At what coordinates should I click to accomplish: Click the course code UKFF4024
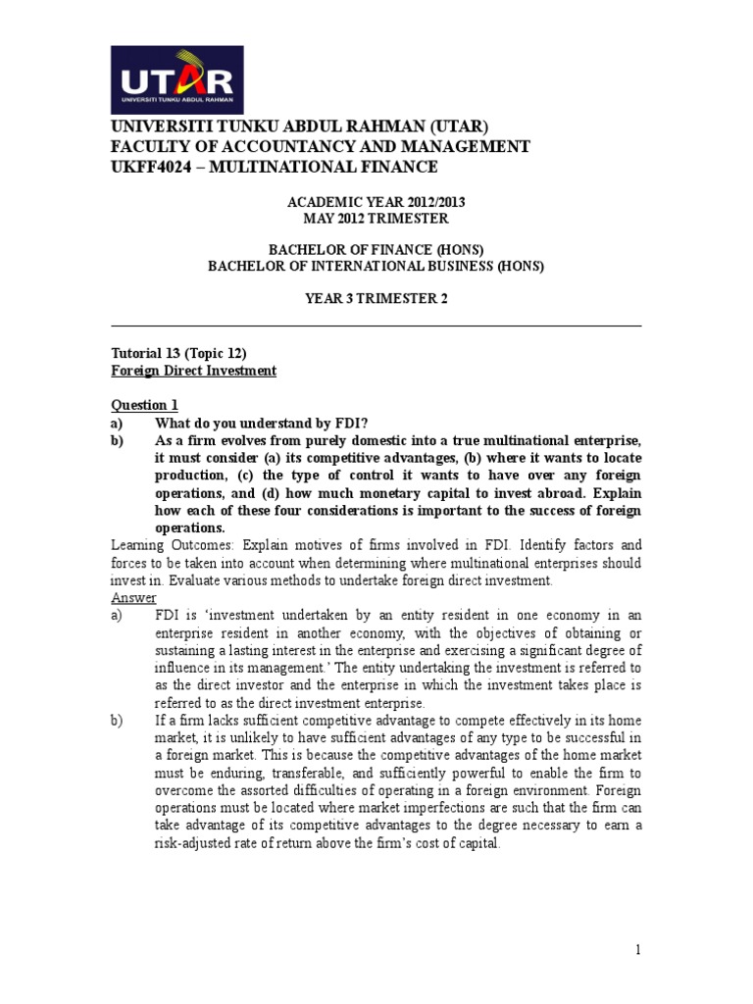[x=152, y=168]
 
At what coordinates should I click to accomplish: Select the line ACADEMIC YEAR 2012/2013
[x=376, y=202]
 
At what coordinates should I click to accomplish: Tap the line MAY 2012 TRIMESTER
[x=376, y=218]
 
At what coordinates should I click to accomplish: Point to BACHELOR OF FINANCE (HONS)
[x=376, y=249]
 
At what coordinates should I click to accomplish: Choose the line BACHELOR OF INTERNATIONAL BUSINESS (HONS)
[x=376, y=266]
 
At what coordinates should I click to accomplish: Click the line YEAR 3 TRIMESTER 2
[x=376, y=298]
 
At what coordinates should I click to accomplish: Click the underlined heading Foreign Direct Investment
[x=193, y=371]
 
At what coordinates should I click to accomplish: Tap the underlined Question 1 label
[x=145, y=405]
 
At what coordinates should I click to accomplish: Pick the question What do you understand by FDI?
[x=262, y=423]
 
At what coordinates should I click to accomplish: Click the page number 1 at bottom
[x=636, y=949]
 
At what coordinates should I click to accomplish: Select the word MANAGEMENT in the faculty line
[x=463, y=147]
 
